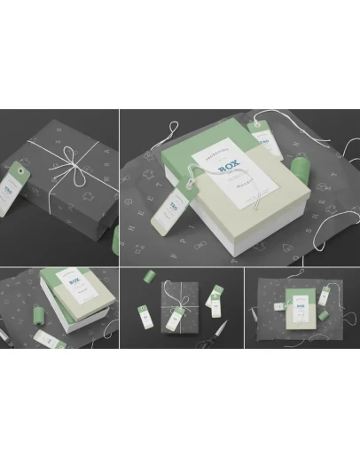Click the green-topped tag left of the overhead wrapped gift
pos(142,315)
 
